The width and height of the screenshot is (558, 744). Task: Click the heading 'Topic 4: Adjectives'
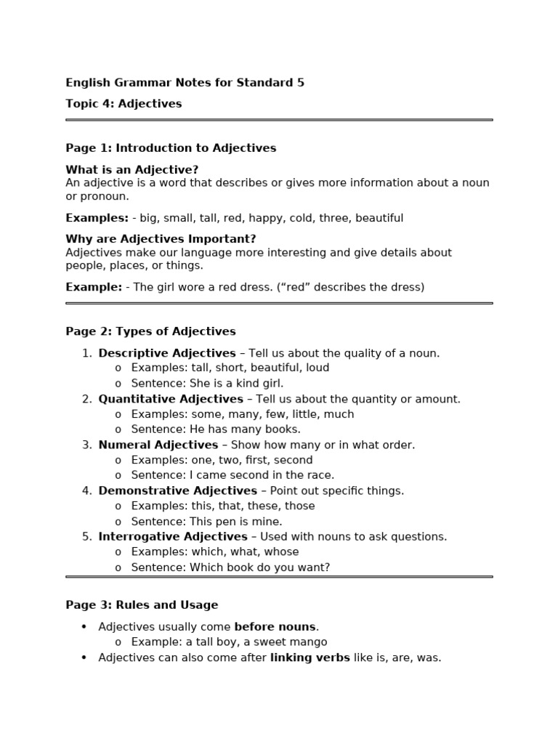[124, 104]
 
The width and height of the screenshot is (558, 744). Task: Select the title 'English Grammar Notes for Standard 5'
[185, 83]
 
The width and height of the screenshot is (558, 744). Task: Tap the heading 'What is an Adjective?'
[132, 170]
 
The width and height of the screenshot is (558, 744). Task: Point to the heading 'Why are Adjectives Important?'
[161, 239]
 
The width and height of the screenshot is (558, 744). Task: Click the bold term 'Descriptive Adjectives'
[167, 353]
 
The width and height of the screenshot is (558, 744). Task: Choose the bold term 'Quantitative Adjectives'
[171, 399]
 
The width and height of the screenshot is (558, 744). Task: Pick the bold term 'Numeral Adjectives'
[158, 445]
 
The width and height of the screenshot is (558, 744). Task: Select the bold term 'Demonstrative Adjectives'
[177, 490]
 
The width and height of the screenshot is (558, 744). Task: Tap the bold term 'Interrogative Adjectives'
[173, 536]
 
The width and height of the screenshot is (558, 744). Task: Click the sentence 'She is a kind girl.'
[236, 383]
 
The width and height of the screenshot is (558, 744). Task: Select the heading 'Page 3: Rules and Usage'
[142, 604]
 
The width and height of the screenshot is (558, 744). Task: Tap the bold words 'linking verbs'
[310, 658]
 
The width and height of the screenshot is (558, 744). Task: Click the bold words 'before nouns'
[275, 626]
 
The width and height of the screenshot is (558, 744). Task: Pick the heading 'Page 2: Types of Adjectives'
[150, 331]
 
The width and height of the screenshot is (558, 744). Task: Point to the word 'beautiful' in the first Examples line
[376, 218]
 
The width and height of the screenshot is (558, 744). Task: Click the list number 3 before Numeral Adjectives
[86, 445]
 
